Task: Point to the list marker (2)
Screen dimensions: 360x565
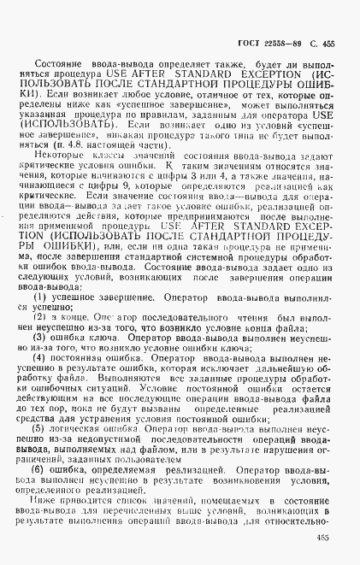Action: [39, 315]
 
